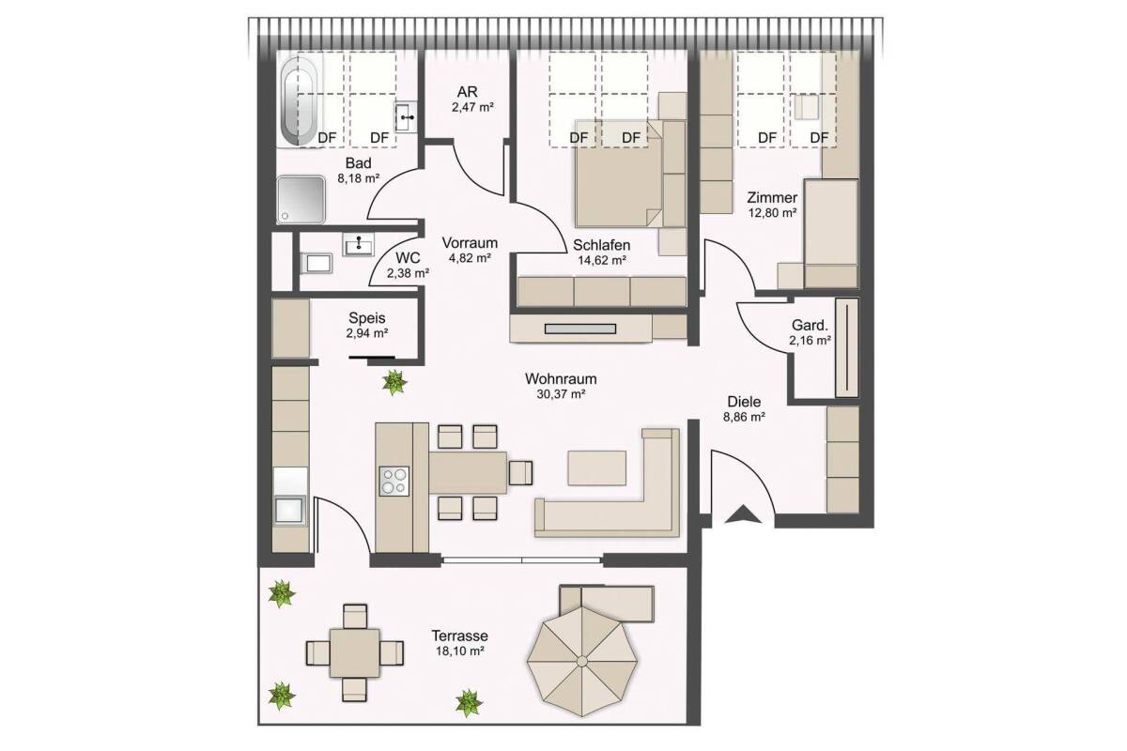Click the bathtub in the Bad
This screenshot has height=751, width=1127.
click(299, 101)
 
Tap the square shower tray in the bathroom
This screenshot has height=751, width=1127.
click(301, 199)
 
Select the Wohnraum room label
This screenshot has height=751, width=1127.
click(561, 378)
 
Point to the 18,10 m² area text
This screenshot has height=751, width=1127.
click(460, 651)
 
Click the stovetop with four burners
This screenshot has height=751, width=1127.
click(394, 482)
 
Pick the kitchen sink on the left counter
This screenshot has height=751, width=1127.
click(289, 511)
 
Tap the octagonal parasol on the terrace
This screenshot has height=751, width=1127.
click(582, 661)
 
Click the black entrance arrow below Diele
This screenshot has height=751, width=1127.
click(743, 515)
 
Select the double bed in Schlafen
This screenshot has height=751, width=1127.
click(619, 174)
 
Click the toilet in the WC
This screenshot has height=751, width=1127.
click(316, 264)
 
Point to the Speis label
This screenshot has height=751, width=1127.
click(367, 318)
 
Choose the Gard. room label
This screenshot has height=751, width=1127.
click(810, 326)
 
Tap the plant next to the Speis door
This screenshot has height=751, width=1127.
click(394, 383)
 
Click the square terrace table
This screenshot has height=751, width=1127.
click(355, 653)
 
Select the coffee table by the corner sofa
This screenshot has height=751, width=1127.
click(597, 467)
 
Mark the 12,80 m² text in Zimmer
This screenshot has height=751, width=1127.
click(772, 213)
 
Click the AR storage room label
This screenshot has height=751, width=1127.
click(468, 92)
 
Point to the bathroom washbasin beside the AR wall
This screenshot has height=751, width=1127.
click(406, 117)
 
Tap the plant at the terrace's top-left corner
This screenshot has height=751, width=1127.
click(281, 594)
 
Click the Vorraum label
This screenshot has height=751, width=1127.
click(470, 243)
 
